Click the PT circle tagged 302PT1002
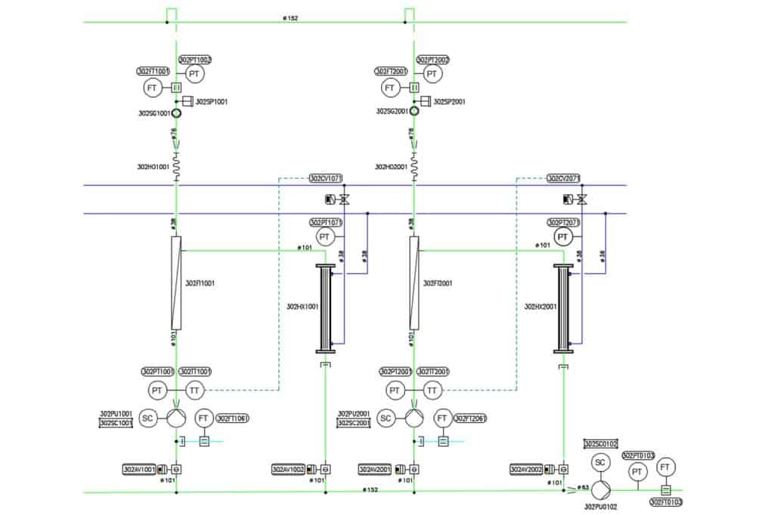195,73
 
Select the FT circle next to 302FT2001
390,88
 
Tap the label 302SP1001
212,101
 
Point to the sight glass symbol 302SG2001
414,112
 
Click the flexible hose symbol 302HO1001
176,168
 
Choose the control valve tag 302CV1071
326,179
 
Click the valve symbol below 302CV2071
582,200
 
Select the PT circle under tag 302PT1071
325,237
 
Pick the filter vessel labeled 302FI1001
176,283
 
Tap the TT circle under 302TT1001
195,390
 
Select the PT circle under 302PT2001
395,390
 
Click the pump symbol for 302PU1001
176,418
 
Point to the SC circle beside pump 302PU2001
385,418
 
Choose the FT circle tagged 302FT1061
204,418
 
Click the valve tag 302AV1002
288,470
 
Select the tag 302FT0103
666,502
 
